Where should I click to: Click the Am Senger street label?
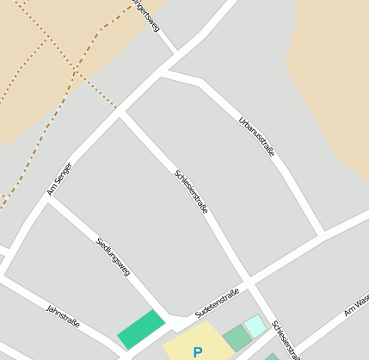[59, 179]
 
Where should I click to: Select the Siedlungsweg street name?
[113, 257]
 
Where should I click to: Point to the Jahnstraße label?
[63, 316]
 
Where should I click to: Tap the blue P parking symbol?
[198, 352]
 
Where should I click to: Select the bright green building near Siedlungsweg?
[141, 330]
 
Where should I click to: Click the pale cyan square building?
[255, 326]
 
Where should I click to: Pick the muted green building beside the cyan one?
[236, 338]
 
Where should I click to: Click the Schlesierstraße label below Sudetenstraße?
[286, 339]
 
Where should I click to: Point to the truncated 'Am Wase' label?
[355, 304]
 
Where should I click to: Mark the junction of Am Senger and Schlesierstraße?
[121, 111]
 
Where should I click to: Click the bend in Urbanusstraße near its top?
[202, 83]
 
